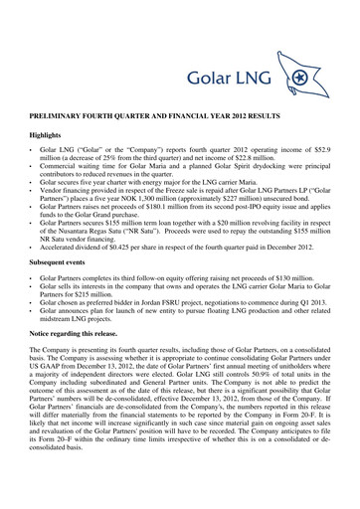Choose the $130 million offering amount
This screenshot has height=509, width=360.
(288, 297)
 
